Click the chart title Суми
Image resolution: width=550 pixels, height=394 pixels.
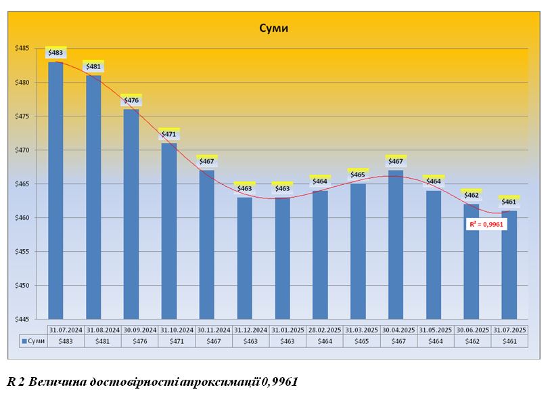(274, 28)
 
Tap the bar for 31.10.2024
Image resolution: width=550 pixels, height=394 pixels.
(169, 230)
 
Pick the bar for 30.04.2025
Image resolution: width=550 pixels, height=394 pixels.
(396, 244)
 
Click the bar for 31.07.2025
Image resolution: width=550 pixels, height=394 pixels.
(509, 264)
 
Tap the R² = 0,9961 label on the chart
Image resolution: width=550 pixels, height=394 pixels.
(486, 224)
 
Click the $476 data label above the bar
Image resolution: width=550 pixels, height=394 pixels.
(131, 100)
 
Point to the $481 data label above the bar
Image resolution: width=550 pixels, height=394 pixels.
(93, 66)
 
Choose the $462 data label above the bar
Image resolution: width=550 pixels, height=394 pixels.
(472, 195)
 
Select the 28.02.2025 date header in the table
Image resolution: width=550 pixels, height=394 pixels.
(325, 329)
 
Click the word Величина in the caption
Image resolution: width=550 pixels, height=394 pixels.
(57, 382)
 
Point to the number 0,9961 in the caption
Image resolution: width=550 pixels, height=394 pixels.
(278, 382)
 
